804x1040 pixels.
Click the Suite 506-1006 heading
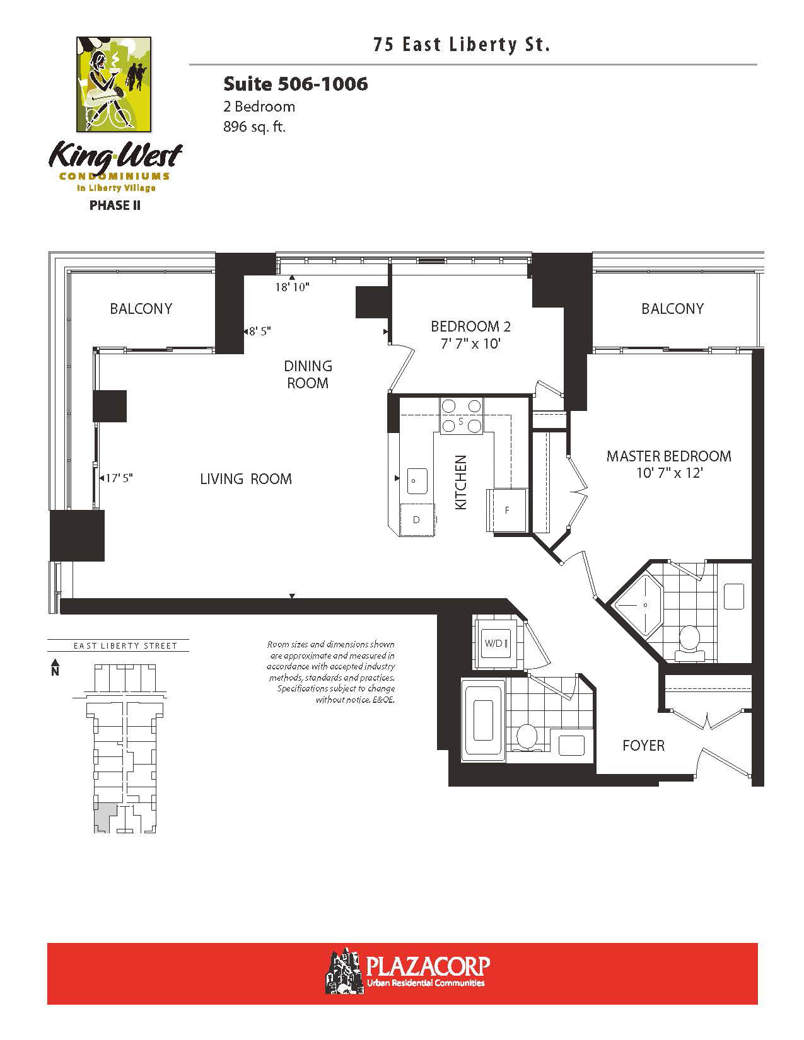[x=296, y=84]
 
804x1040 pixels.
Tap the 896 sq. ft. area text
[x=254, y=127]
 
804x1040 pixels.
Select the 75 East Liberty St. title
[x=462, y=45]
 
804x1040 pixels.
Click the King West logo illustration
[x=114, y=84]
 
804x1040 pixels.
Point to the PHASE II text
[x=115, y=205]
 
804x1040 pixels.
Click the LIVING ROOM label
[x=246, y=478]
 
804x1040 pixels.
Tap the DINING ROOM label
[x=308, y=374]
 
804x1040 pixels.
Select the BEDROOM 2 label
[x=470, y=326]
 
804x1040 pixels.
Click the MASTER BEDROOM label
[x=669, y=456]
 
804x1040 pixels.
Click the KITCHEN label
[x=460, y=482]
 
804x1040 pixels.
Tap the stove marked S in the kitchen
[x=461, y=417]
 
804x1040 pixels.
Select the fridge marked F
[x=507, y=510]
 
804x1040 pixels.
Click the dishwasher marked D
[x=417, y=520]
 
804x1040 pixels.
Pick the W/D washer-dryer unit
[x=496, y=644]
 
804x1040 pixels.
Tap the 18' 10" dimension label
[x=292, y=287]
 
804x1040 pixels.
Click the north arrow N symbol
[x=55, y=667]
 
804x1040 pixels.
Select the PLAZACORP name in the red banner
[x=428, y=966]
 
